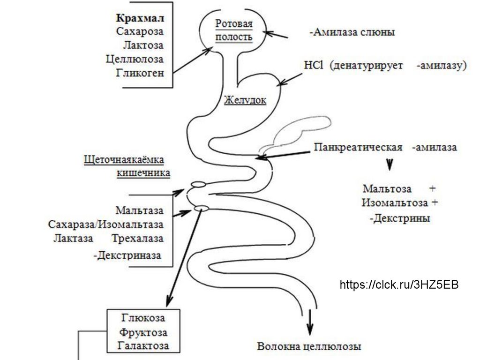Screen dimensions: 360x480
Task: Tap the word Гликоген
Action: [142, 72]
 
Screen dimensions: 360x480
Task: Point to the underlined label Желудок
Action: [245, 100]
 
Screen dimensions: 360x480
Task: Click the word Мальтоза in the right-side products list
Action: [387, 189]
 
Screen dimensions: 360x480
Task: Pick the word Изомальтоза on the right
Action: [394, 203]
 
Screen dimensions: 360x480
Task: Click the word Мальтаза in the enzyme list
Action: [140, 210]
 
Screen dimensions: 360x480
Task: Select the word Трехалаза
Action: [138, 238]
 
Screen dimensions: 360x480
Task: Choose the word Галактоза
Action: [143, 345]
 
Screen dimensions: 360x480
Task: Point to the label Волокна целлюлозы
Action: [309, 347]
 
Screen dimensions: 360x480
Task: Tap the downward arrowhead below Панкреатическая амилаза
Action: [389, 165]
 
